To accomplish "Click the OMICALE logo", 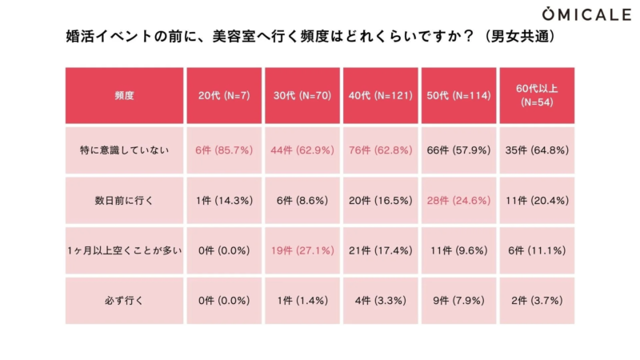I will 587,14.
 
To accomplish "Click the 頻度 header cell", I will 124,95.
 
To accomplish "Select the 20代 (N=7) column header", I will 224,95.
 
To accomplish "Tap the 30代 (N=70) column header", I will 302,95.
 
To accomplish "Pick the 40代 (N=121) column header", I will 380,95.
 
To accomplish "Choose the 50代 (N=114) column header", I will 458,95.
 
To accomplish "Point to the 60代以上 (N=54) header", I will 537,95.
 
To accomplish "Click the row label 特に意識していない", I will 124,150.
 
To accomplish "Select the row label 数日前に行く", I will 124,200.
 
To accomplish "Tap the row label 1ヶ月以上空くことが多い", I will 124,251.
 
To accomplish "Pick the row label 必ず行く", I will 124,301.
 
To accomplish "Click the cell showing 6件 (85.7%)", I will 224,150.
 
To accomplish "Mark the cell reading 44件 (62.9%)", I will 302,150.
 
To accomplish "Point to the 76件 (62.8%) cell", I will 380,150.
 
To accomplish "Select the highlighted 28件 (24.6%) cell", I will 458,200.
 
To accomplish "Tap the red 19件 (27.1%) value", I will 302,251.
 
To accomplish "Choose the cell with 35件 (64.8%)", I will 537,150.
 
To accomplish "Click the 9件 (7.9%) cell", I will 458,301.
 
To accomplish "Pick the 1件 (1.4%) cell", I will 302,301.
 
